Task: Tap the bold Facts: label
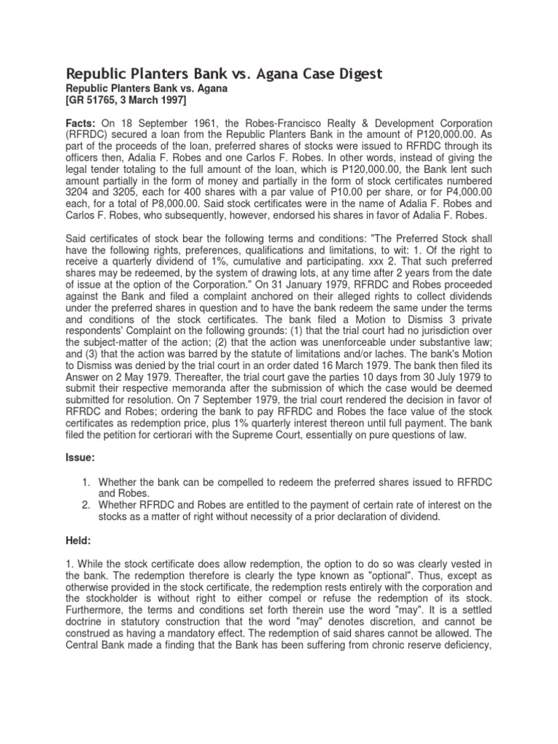coord(81,124)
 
